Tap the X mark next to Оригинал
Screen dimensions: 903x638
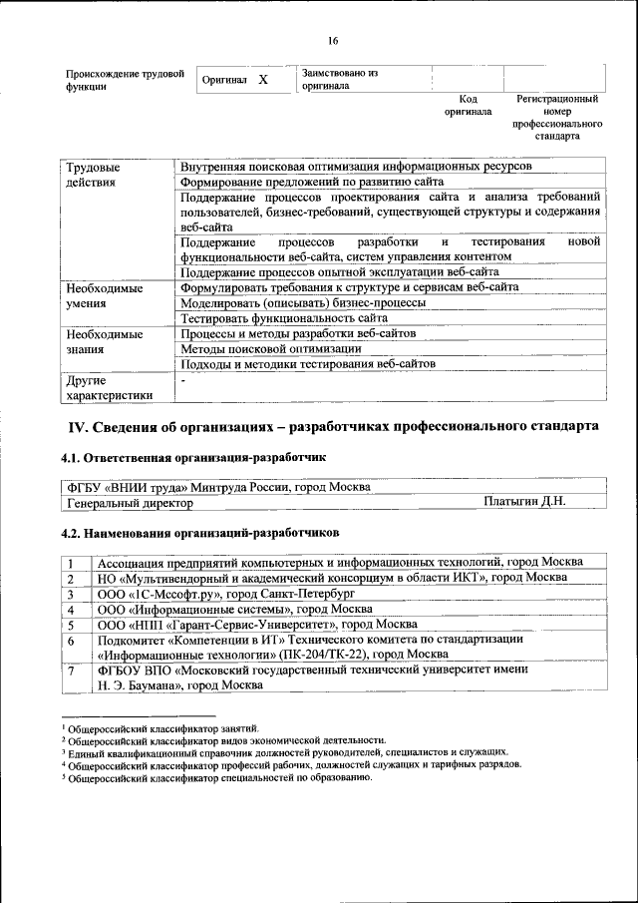click(263, 79)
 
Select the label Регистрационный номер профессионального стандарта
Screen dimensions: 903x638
click(557, 117)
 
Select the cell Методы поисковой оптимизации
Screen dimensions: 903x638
click(271, 349)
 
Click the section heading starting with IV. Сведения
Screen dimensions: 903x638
click(332, 427)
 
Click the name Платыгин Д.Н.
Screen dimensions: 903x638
click(524, 502)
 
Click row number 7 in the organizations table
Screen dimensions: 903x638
click(72, 672)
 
